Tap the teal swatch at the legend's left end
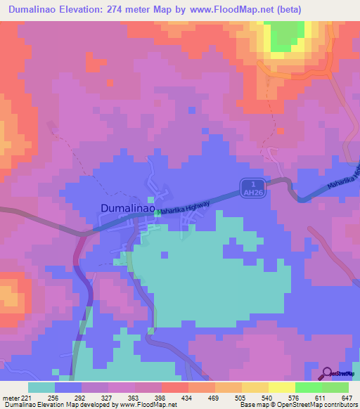point(41,387)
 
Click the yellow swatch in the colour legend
point(282,387)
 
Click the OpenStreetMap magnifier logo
point(326,373)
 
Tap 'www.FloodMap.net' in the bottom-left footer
point(138,405)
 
